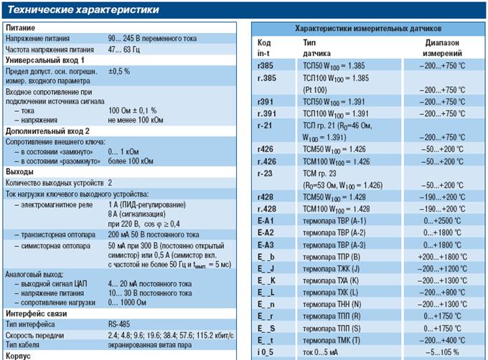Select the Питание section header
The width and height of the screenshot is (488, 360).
22,27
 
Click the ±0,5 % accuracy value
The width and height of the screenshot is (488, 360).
119,72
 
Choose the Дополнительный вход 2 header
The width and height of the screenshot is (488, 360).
48,131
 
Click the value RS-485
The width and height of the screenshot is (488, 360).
120,324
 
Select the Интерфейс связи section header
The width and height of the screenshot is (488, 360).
37,314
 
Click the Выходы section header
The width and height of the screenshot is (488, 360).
20,172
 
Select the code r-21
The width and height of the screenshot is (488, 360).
264,125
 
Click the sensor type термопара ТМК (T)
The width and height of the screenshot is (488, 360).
332,341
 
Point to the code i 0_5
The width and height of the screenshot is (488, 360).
266,352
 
